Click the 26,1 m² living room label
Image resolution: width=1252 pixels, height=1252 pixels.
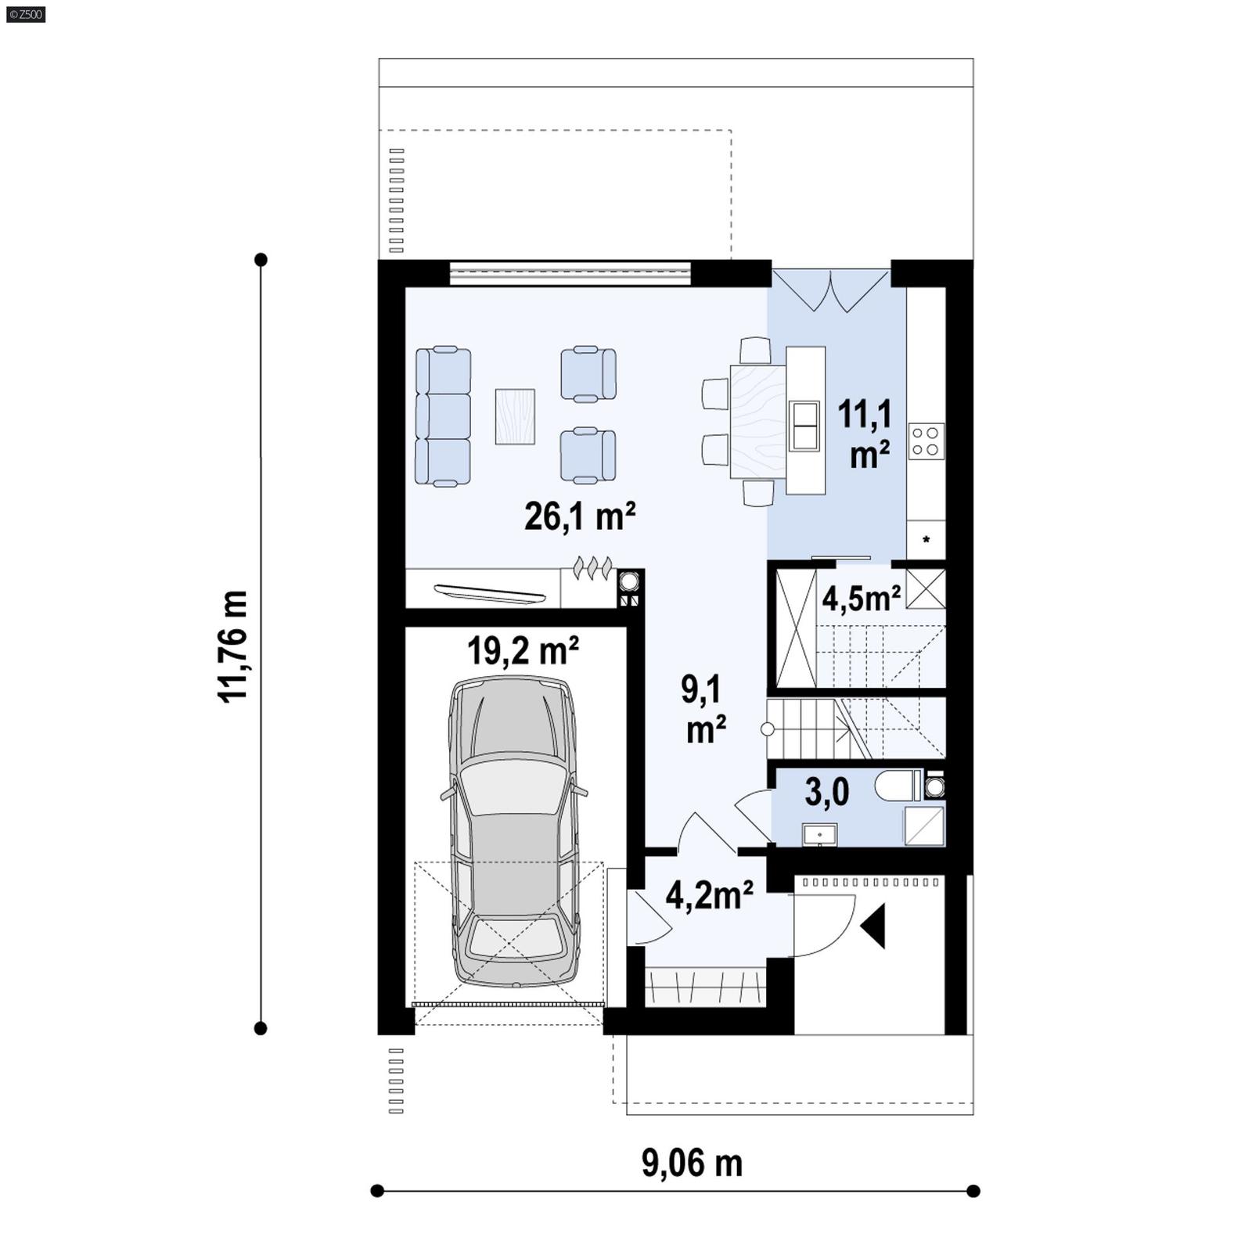pyautogui.click(x=579, y=516)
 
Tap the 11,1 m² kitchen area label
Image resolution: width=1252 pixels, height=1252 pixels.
pyautogui.click(x=865, y=434)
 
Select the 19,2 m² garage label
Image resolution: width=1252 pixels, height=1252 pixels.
pyautogui.click(x=523, y=651)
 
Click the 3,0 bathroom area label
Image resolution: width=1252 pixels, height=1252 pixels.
pyautogui.click(x=826, y=793)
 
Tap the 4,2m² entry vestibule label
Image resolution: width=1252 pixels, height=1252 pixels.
pyautogui.click(x=709, y=894)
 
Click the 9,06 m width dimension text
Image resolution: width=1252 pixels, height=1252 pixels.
pyautogui.click(x=692, y=1164)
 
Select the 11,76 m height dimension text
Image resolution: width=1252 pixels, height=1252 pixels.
pyautogui.click(x=233, y=646)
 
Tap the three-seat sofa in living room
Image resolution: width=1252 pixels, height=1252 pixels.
pyautogui.click(x=443, y=417)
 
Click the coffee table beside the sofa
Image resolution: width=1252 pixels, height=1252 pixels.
pyautogui.click(x=515, y=416)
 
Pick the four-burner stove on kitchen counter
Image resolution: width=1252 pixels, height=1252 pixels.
pyautogui.click(x=926, y=441)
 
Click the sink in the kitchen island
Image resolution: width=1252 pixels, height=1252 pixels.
pyautogui.click(x=804, y=426)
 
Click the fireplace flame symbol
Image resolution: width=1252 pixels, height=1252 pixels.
pyautogui.click(x=592, y=567)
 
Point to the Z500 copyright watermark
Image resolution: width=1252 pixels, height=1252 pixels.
pyautogui.click(x=26, y=13)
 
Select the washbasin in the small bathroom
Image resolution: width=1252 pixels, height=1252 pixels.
pyautogui.click(x=819, y=834)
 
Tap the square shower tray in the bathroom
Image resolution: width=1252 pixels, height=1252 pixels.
pyautogui.click(x=924, y=826)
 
